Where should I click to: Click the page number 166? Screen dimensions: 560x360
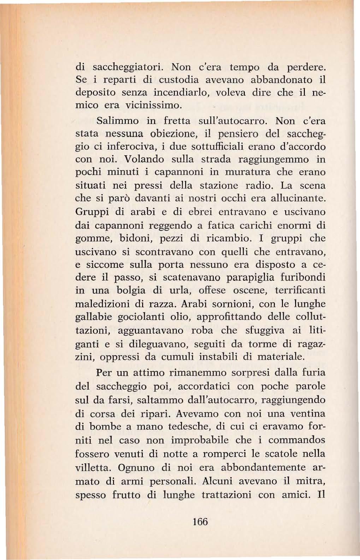click(x=200, y=522)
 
